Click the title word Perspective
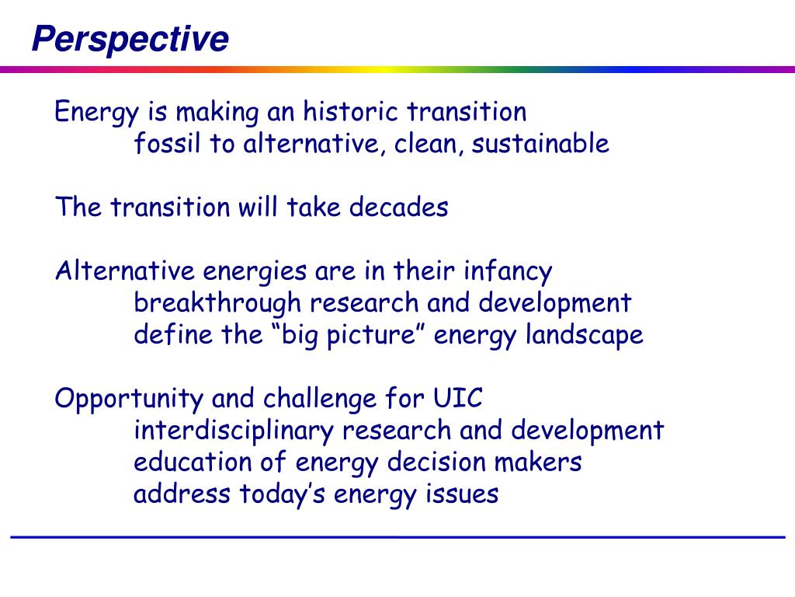coord(130,40)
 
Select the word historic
coord(350,111)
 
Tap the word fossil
coord(168,143)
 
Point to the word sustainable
coord(540,143)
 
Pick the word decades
coord(398,207)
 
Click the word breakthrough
coord(217,304)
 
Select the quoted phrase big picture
coord(349,336)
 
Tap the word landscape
coord(584,336)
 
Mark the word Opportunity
coord(129,400)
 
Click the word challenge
coord(320,400)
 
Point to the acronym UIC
coord(457,398)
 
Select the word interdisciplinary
coord(234,431)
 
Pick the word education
coord(193,462)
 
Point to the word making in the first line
coord(217,112)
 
